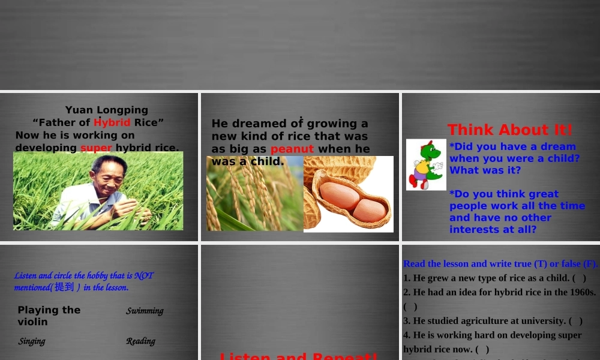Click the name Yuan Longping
click(x=106, y=110)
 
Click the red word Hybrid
click(x=112, y=122)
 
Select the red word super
click(x=96, y=148)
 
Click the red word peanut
click(x=292, y=149)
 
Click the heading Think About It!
click(x=510, y=130)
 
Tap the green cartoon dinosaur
click(x=425, y=164)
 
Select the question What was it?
click(x=485, y=170)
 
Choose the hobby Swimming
click(x=145, y=311)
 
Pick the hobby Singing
click(x=32, y=341)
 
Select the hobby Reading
click(x=140, y=341)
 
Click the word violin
click(x=32, y=322)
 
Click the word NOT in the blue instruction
click(x=144, y=275)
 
